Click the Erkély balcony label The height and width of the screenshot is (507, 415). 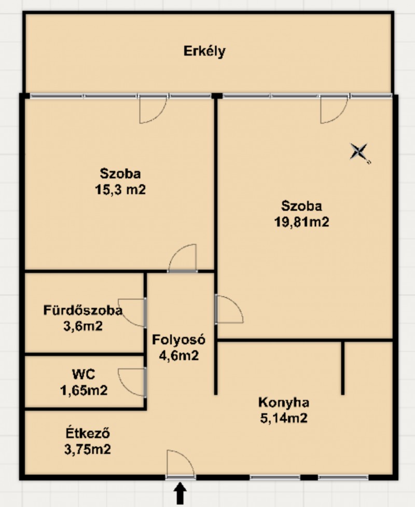pos(204,51)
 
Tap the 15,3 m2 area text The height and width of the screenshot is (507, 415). pos(120,189)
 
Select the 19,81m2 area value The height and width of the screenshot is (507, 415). pos(301,222)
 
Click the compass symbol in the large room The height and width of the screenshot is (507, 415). pos(359,152)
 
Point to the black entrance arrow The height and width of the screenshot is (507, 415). pos(181,494)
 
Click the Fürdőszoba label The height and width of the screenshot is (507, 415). pos(83,310)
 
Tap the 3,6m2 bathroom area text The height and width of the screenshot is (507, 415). pos(83,326)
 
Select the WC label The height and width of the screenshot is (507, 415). pos(84,375)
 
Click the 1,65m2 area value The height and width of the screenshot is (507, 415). pos(84,390)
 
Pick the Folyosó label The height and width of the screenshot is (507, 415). pos(179,340)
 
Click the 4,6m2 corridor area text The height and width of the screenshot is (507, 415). pos(179,355)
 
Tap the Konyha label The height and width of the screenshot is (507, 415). pos(284,403)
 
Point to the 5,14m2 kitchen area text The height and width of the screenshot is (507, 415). pos(284,418)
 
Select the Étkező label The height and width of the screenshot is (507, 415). pos(88,433)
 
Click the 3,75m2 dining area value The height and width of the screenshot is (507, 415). pos(88,449)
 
